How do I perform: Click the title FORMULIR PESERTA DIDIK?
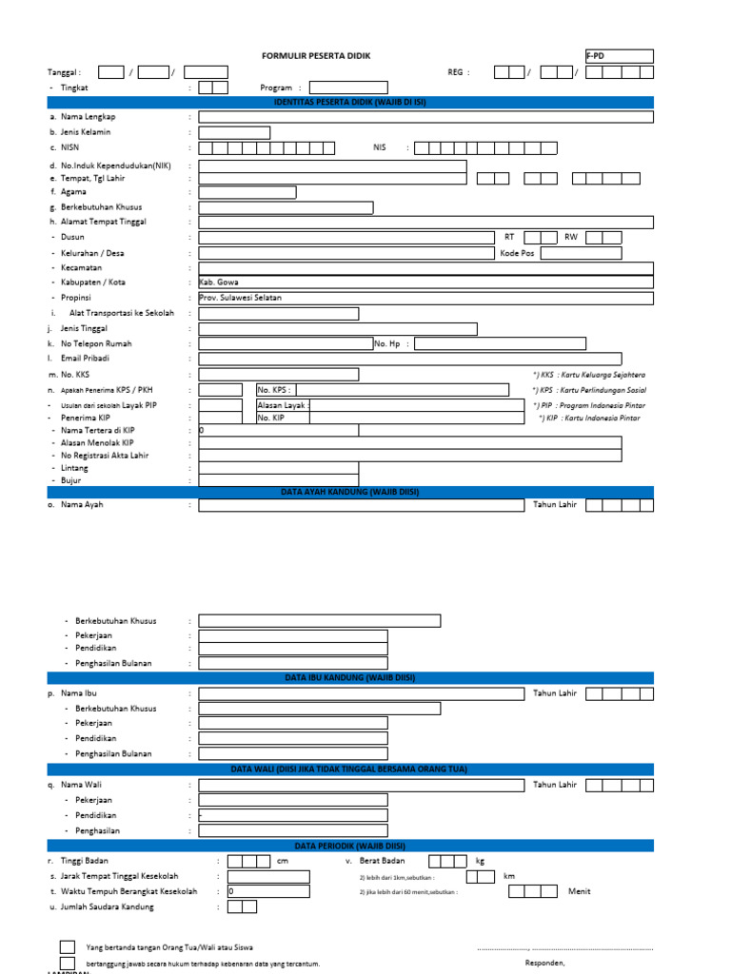(x=315, y=56)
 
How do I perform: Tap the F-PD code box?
(x=619, y=56)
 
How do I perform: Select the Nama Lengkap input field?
(x=425, y=117)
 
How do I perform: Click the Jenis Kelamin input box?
(x=234, y=132)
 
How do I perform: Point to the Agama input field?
(x=247, y=192)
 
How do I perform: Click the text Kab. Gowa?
(x=219, y=282)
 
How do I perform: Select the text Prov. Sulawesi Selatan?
(x=240, y=298)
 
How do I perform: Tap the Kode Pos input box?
(x=581, y=253)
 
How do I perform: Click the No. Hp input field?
(x=501, y=343)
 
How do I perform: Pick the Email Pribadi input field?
(x=425, y=359)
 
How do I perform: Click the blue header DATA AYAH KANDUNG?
(x=350, y=492)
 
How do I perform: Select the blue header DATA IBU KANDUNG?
(x=350, y=677)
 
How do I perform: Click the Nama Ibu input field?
(x=362, y=693)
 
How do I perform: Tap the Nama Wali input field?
(x=362, y=785)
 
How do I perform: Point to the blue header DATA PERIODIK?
(x=350, y=845)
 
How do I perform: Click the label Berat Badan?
(x=382, y=861)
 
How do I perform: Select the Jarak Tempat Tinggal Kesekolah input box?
(x=268, y=876)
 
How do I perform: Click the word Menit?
(x=580, y=891)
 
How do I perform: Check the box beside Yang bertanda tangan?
(x=68, y=947)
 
